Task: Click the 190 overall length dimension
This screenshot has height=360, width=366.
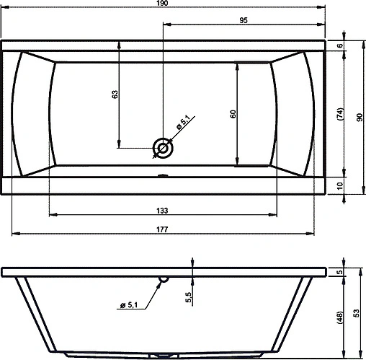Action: [162, 3]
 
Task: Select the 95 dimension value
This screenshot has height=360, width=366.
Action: [244, 20]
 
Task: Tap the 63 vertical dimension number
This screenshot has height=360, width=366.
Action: [115, 95]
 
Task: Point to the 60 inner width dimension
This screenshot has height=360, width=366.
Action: [233, 114]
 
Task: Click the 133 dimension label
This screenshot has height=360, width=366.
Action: [162, 211]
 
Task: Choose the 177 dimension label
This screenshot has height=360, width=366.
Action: [162, 229]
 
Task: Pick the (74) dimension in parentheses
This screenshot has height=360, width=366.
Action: [340, 114]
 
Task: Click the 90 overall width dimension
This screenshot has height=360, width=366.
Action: [360, 117]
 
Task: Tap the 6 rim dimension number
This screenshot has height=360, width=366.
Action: [340, 45]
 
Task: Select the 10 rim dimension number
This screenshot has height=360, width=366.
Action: [340, 185]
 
